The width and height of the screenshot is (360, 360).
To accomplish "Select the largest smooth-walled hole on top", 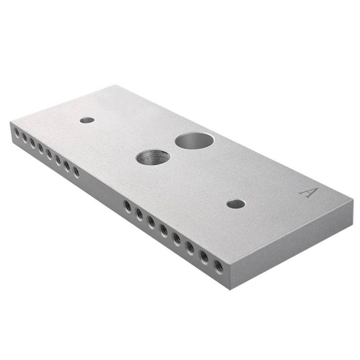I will [x=194, y=140].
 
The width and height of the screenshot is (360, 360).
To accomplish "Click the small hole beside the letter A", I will [x=236, y=204].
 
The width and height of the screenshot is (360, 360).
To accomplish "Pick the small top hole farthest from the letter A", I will [x=87, y=120].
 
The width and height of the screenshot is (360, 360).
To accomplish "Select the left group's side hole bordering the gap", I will [x=76, y=172].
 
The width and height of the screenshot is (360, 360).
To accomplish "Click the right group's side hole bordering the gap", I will [x=127, y=206].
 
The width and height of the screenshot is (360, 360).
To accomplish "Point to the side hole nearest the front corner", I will [x=218, y=266].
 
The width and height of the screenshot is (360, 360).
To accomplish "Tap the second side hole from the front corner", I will [x=204, y=256].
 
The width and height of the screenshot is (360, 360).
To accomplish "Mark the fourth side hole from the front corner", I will [x=176, y=238].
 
